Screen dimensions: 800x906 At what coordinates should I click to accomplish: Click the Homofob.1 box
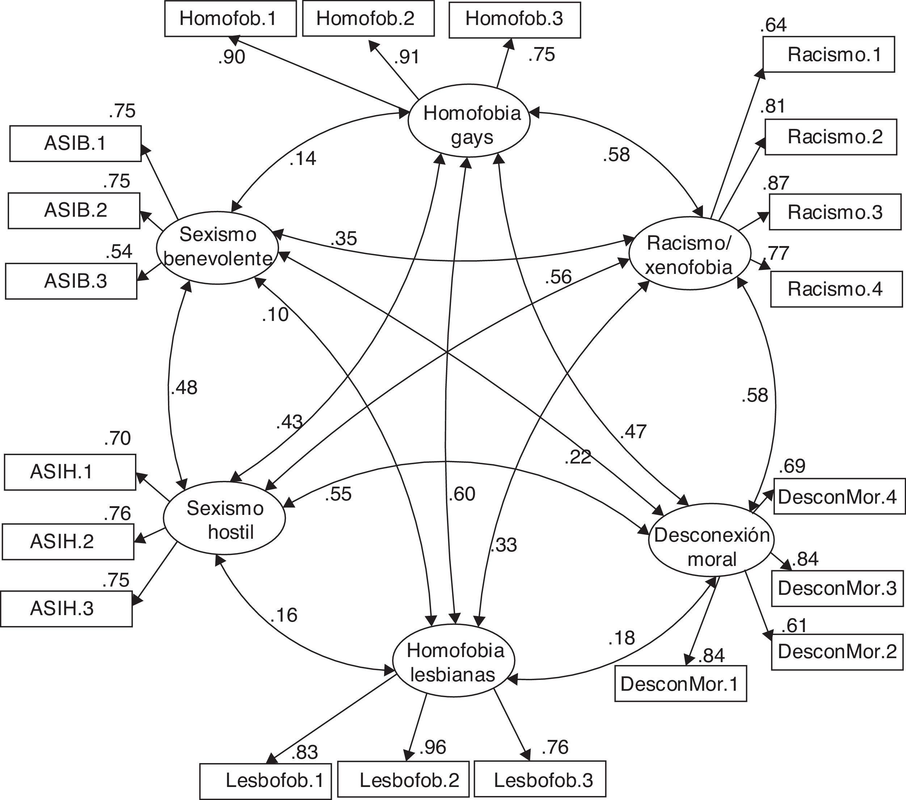(230, 18)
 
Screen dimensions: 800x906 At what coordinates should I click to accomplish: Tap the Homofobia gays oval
(469, 121)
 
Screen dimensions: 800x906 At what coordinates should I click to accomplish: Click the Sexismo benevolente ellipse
(218, 247)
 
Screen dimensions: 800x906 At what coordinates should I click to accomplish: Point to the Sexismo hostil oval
(224, 518)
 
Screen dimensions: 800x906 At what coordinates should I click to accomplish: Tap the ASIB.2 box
(74, 211)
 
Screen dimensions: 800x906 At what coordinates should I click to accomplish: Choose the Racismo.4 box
(836, 289)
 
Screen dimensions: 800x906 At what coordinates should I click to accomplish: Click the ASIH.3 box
(67, 609)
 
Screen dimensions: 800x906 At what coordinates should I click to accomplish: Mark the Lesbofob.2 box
(403, 780)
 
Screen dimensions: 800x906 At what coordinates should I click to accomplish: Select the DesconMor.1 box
(680, 684)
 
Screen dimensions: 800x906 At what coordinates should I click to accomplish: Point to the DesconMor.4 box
(839, 496)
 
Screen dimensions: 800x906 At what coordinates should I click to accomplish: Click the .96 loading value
(432, 747)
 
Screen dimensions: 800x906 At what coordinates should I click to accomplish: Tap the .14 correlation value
(303, 158)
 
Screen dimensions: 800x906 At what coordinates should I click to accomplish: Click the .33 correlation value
(503, 545)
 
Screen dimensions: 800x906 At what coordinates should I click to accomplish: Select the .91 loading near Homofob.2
(406, 57)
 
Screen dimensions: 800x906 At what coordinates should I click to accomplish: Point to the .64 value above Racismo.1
(773, 25)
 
